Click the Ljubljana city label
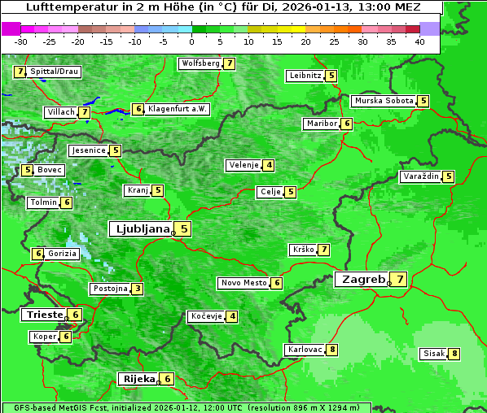coord(140,229)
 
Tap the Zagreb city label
coord(362,279)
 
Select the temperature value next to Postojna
coord(138,289)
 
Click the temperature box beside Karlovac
coord(332,350)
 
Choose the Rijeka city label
coord(138,379)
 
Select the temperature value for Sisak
coord(454,354)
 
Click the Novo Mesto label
coord(243,283)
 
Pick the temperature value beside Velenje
coord(269,165)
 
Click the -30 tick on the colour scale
coord(21,41)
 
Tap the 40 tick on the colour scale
coord(419,41)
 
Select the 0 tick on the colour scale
coord(191,41)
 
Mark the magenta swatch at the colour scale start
coord(11,28)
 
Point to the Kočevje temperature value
coord(233,316)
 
